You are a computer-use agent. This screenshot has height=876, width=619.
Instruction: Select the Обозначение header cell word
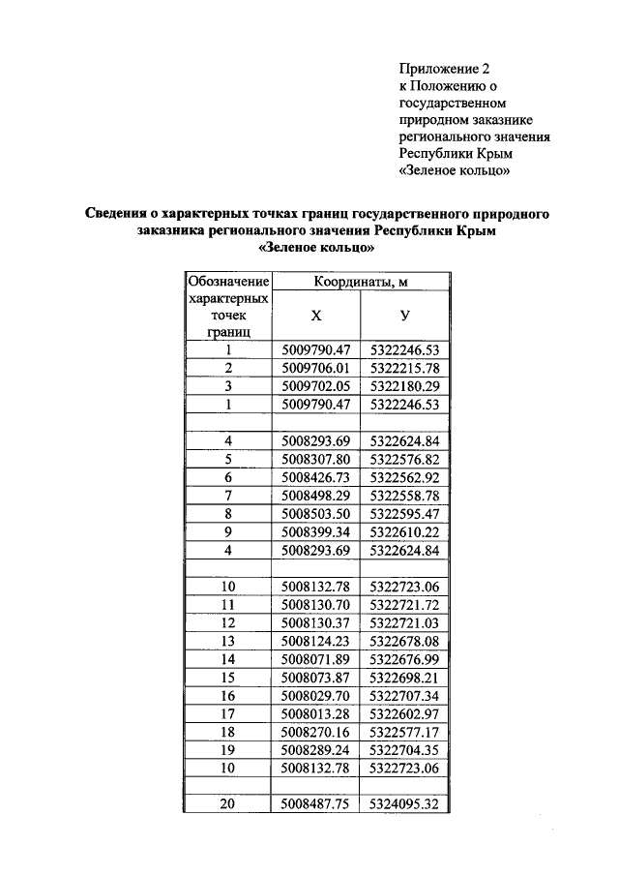(x=228, y=282)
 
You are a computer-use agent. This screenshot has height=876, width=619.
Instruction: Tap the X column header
(x=316, y=316)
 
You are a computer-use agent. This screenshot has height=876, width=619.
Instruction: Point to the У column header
(x=404, y=316)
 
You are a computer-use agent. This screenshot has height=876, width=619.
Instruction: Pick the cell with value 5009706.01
(x=316, y=368)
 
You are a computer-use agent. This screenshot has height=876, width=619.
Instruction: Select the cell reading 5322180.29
(x=404, y=385)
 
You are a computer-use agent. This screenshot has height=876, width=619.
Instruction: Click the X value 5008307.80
(x=316, y=460)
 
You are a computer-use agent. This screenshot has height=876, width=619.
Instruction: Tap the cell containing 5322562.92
(x=404, y=477)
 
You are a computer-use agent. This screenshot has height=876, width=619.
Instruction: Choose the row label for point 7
(x=228, y=496)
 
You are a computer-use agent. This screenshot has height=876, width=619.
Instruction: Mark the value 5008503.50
(x=316, y=513)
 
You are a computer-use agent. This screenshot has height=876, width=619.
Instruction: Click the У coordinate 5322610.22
(x=404, y=531)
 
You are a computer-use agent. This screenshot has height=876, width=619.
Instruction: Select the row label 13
(x=228, y=640)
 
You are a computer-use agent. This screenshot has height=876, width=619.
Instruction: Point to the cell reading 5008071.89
(x=316, y=658)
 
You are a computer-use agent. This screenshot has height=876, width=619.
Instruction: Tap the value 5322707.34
(x=404, y=695)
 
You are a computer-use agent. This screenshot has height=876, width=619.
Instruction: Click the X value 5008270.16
(x=316, y=732)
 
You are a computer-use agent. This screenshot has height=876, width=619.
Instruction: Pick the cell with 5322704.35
(x=404, y=749)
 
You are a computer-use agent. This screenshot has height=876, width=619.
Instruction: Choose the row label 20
(x=228, y=803)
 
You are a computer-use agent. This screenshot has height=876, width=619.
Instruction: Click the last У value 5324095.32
(x=404, y=803)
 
